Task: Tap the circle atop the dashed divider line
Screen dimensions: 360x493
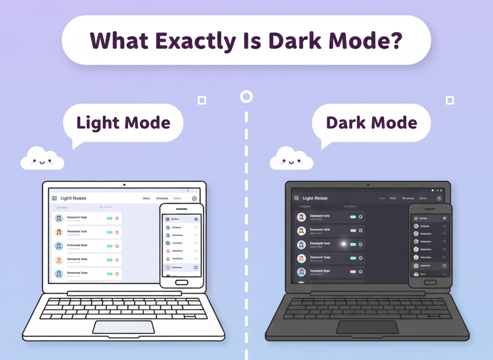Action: (x=246, y=97)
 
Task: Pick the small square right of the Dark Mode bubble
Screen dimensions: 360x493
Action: (x=450, y=100)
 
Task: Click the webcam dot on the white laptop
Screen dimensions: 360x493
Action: (x=124, y=185)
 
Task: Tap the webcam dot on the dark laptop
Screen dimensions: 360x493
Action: (x=368, y=185)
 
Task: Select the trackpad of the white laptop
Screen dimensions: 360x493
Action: (x=124, y=327)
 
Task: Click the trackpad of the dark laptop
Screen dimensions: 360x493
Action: (x=367, y=327)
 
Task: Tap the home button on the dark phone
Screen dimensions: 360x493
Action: (x=430, y=283)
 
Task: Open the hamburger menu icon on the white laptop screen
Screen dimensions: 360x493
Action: (x=54, y=198)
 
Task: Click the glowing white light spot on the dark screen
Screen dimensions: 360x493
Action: (x=344, y=244)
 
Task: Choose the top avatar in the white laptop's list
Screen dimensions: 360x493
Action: (x=59, y=219)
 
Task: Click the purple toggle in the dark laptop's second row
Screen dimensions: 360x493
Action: (x=353, y=231)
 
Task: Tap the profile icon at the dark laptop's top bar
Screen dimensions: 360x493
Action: (x=439, y=198)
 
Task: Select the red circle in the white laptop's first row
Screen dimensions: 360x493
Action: (x=117, y=219)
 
